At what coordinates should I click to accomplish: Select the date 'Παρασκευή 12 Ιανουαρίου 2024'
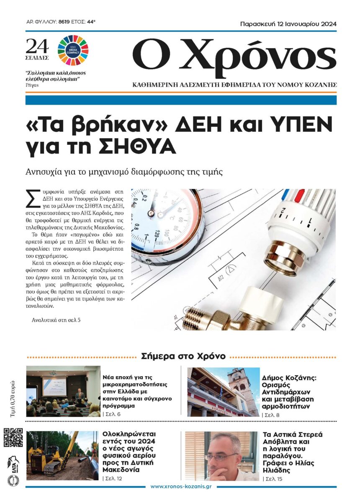coord(288,24)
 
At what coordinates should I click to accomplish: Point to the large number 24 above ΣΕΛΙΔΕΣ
coord(37,45)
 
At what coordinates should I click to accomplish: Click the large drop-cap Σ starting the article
coord(30,198)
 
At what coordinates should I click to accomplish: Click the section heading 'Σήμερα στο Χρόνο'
coord(183,356)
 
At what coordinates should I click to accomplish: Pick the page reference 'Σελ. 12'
coord(114,478)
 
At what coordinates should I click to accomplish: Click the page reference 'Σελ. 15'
coord(274,478)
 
